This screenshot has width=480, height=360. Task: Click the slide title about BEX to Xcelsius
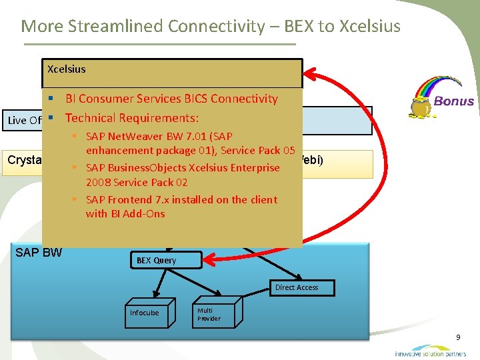coord(211,26)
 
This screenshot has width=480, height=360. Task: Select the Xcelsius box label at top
coord(67,69)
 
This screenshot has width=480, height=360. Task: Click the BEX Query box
coord(156,260)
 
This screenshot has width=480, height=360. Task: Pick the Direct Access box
coord(297,287)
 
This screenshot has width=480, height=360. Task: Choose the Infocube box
coord(145,313)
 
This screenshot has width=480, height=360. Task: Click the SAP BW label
coord(39,253)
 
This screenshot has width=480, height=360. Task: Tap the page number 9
coord(458,338)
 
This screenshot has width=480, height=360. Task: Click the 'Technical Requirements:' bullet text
coord(132,118)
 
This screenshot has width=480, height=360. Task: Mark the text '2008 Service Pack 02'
coord(137,182)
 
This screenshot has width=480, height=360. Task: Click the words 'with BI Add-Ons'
coord(125,213)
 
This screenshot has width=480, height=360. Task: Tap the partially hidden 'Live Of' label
coord(25,120)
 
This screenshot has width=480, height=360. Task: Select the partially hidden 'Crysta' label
coord(24,160)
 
